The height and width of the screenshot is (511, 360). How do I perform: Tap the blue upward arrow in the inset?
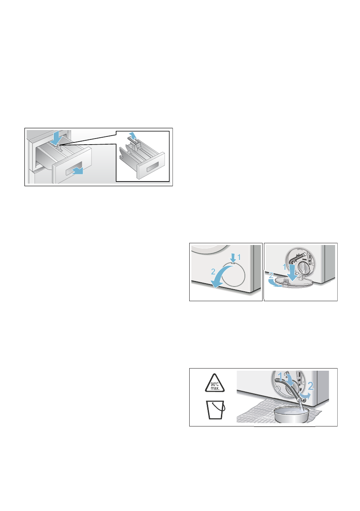coord(134,137)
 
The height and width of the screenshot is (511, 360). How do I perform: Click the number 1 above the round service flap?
coord(240,257)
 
